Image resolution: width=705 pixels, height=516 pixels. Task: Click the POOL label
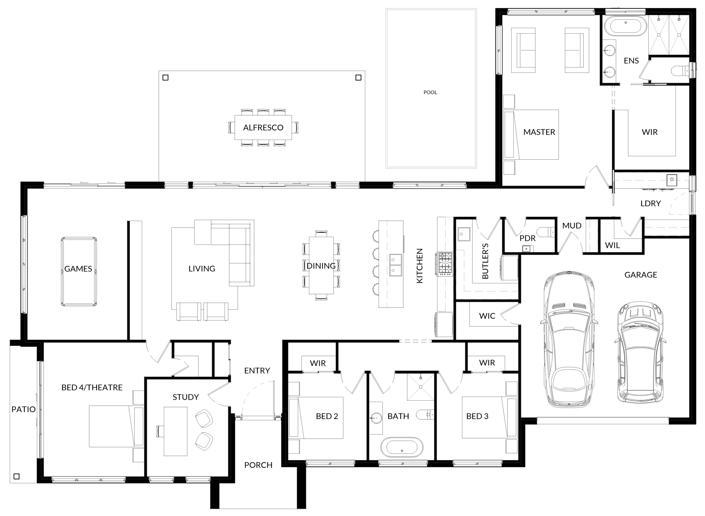click(430, 93)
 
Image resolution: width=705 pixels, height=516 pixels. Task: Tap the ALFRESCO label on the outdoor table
click(263, 127)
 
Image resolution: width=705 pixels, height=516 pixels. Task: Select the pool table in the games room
click(79, 271)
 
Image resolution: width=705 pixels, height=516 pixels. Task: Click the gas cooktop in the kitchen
click(445, 264)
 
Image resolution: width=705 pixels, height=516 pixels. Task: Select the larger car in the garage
click(568, 339)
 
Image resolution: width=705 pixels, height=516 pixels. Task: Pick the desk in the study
click(175, 431)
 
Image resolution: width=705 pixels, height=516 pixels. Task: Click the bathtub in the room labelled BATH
click(402, 447)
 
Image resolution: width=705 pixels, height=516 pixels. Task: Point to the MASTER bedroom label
click(539, 132)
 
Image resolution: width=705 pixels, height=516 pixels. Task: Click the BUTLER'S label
click(485, 261)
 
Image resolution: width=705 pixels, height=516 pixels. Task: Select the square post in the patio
click(17, 476)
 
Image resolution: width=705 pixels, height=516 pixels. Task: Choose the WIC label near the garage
click(487, 316)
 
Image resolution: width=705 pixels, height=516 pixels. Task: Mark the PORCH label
click(258, 465)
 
